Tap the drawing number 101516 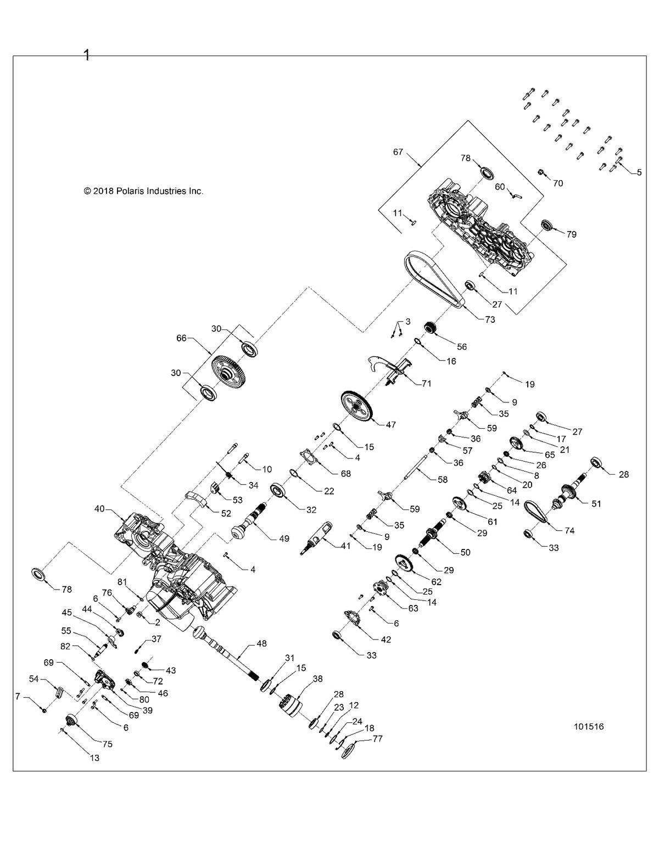[589, 726]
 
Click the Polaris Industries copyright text [143, 191]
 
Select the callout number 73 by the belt [490, 319]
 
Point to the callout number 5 [638, 172]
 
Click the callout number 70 [557, 183]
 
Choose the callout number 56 [461, 346]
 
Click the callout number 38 [317, 678]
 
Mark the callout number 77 [377, 739]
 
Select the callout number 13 [94, 758]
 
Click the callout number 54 [34, 679]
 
